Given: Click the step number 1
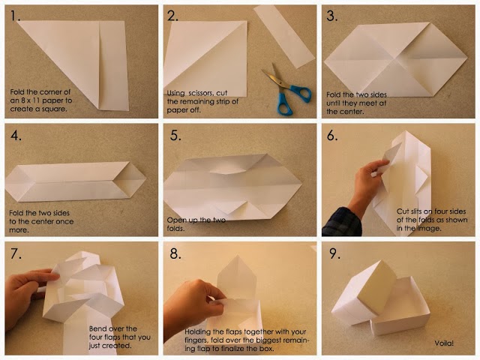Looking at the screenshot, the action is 15,15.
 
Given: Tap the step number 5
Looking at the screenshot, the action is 175,135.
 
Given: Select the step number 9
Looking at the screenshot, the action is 334,253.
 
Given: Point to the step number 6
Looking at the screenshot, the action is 332,135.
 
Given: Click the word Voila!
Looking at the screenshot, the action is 444,343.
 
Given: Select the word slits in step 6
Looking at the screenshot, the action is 418,211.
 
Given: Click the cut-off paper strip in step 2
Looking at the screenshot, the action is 283,37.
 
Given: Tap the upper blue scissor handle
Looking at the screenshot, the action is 300,93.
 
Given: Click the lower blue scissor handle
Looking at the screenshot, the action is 285,104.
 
